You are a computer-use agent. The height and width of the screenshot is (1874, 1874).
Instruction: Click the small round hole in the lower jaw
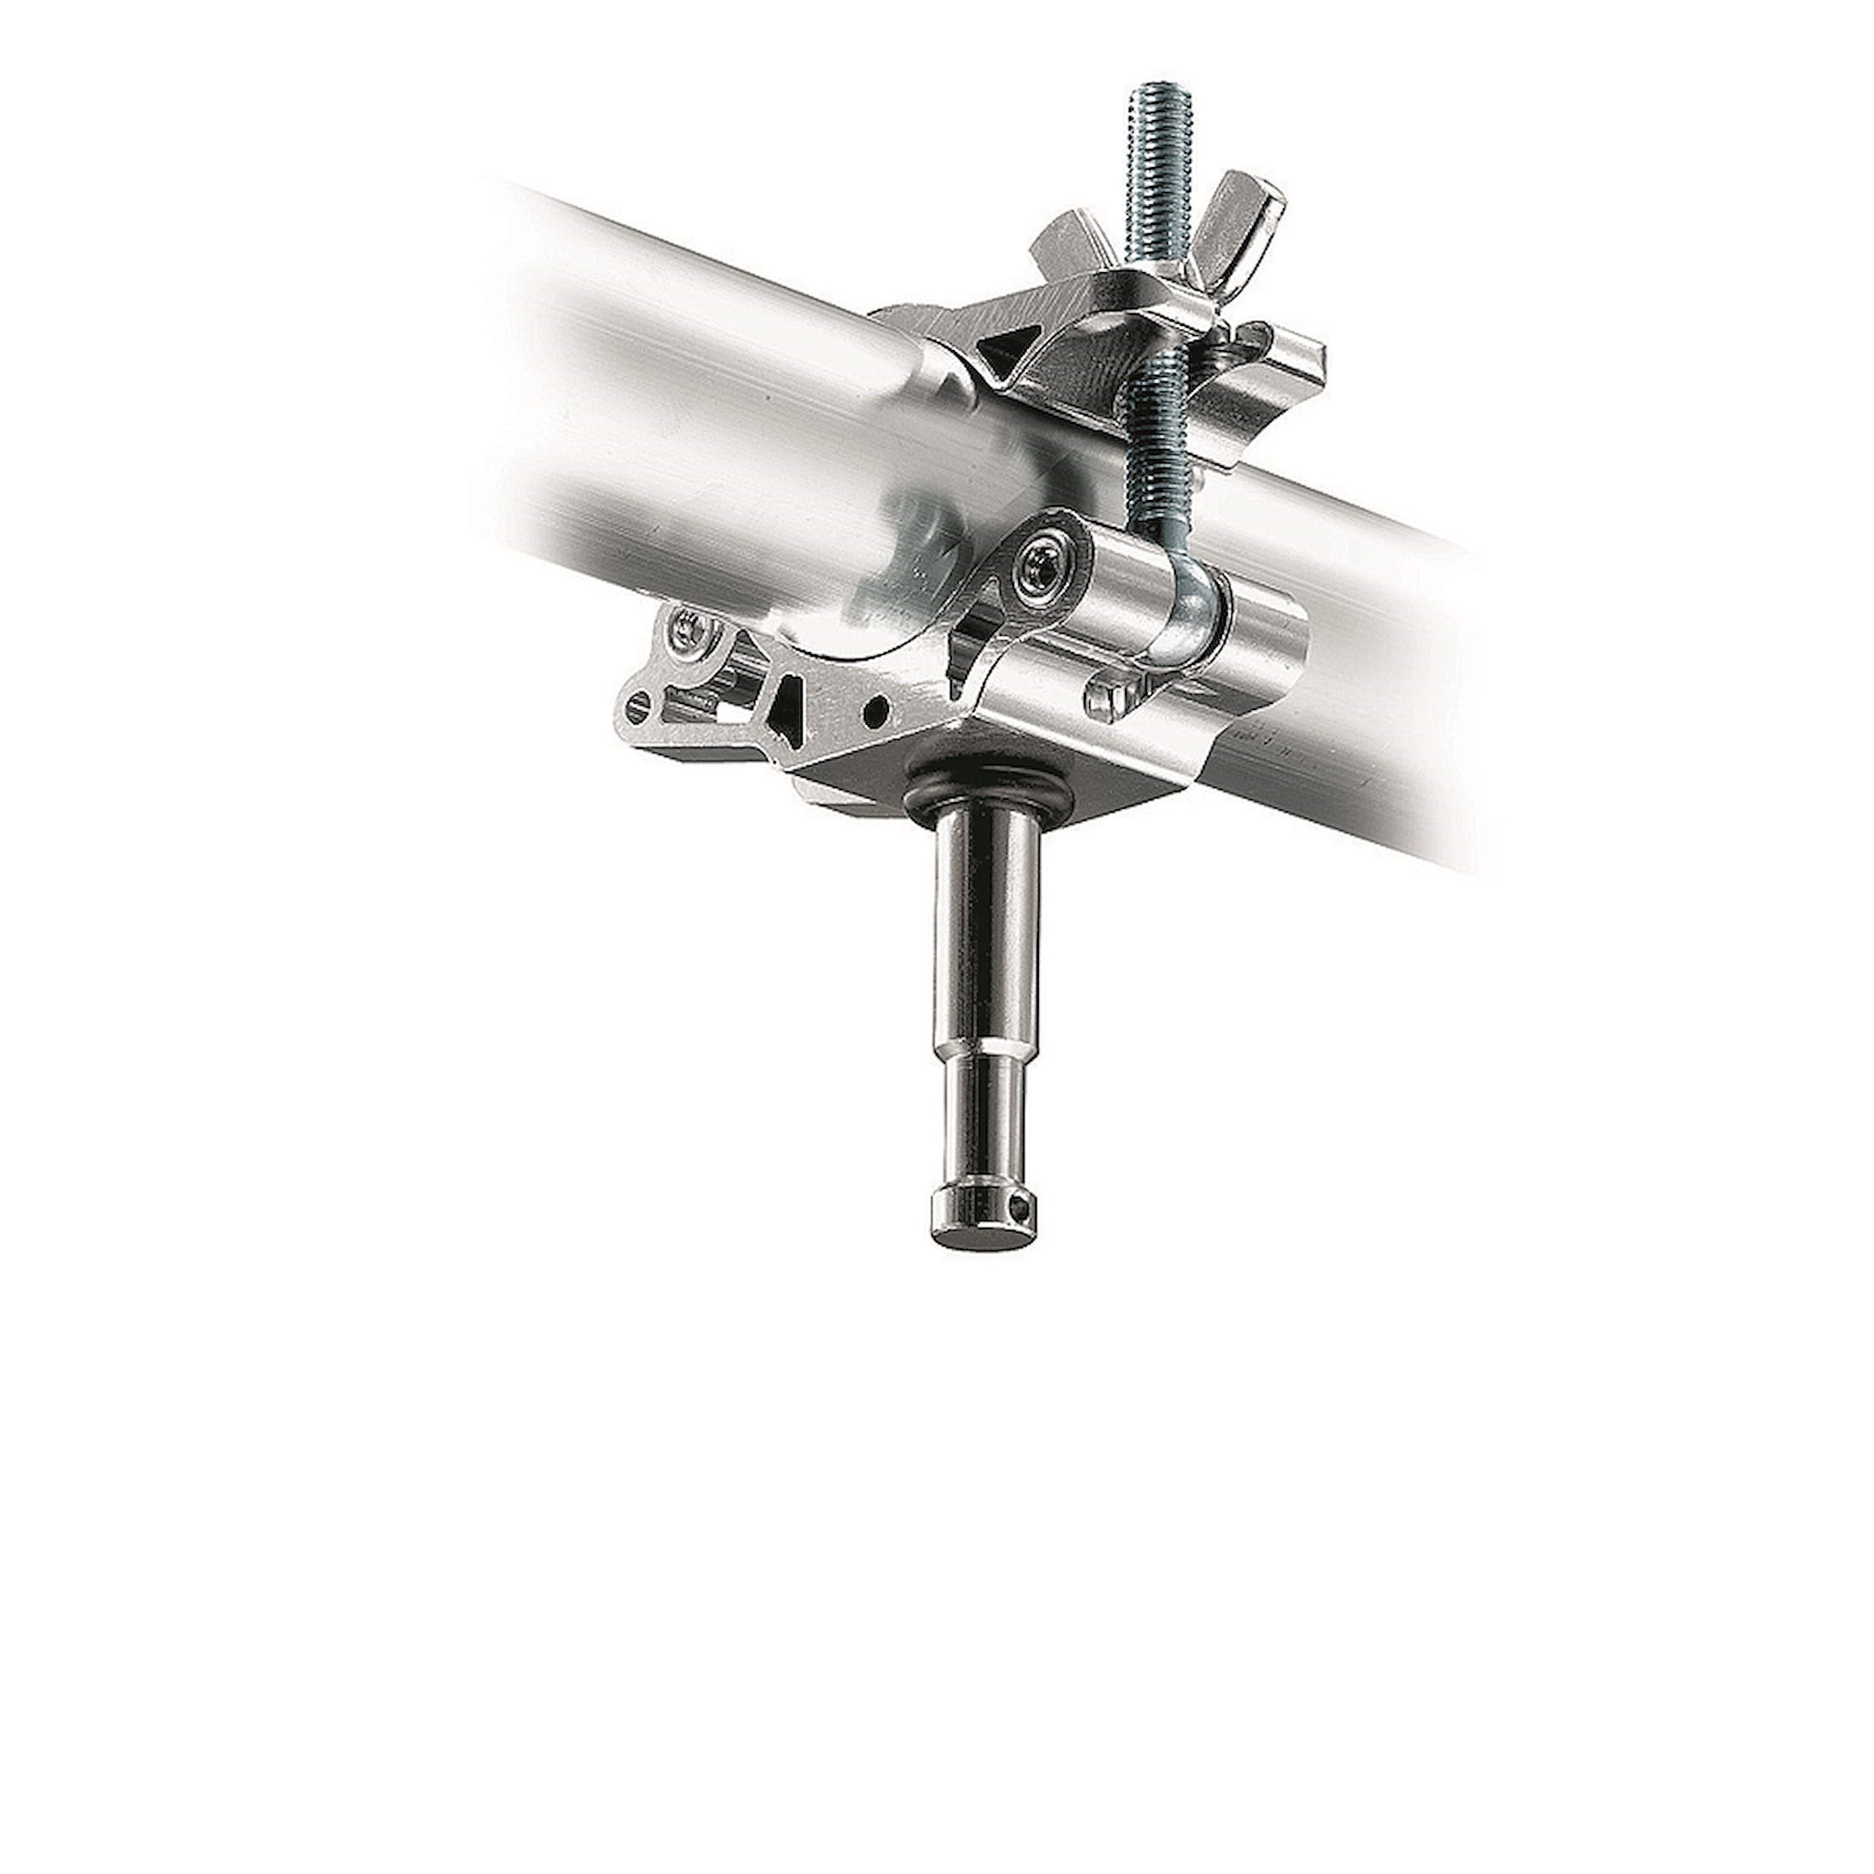(877, 707)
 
